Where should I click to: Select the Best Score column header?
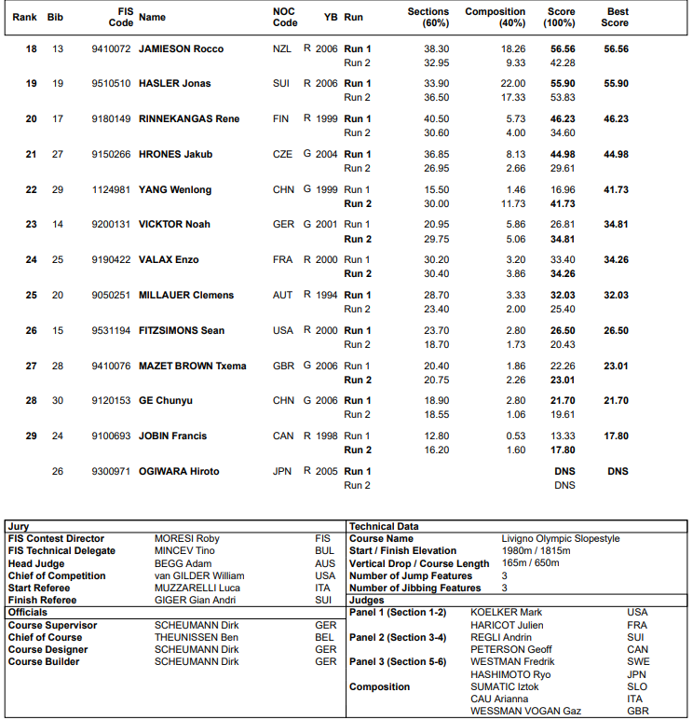point(615,17)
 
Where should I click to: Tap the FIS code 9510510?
point(112,84)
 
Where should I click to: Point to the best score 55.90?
point(616,84)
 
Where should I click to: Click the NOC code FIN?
point(281,118)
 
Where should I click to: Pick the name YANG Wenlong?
point(174,189)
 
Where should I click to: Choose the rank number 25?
point(31,295)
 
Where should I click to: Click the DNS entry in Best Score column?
point(618,471)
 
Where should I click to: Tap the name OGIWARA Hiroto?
point(179,471)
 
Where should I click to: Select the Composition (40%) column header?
point(495,17)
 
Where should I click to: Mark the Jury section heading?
point(18,527)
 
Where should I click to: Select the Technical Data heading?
point(384,527)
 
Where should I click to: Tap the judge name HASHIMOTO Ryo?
point(510,674)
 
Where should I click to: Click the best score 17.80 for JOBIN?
point(616,436)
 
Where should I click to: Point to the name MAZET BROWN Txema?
point(192,366)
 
